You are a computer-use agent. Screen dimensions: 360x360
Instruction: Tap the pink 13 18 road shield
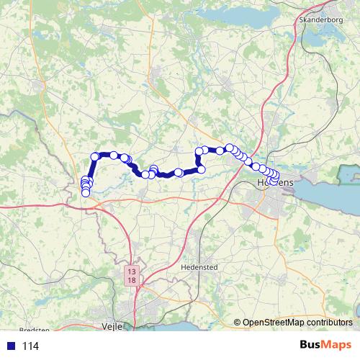pyautogui.click(x=131, y=276)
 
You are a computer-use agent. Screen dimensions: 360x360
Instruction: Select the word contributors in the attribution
pyautogui.click(x=328, y=323)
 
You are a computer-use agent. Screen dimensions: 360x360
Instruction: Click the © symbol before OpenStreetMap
pyautogui.click(x=237, y=323)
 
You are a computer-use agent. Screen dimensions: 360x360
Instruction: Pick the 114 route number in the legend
pyautogui.click(x=30, y=346)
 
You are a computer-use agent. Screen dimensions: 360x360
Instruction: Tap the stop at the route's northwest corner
pyautogui.click(x=95, y=157)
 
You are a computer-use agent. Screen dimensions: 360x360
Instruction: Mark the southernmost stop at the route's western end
pyautogui.click(x=86, y=193)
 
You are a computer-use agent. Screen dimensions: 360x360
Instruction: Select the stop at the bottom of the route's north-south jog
pyautogui.click(x=201, y=169)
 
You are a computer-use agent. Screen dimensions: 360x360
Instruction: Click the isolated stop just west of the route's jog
pyautogui.click(x=178, y=173)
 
